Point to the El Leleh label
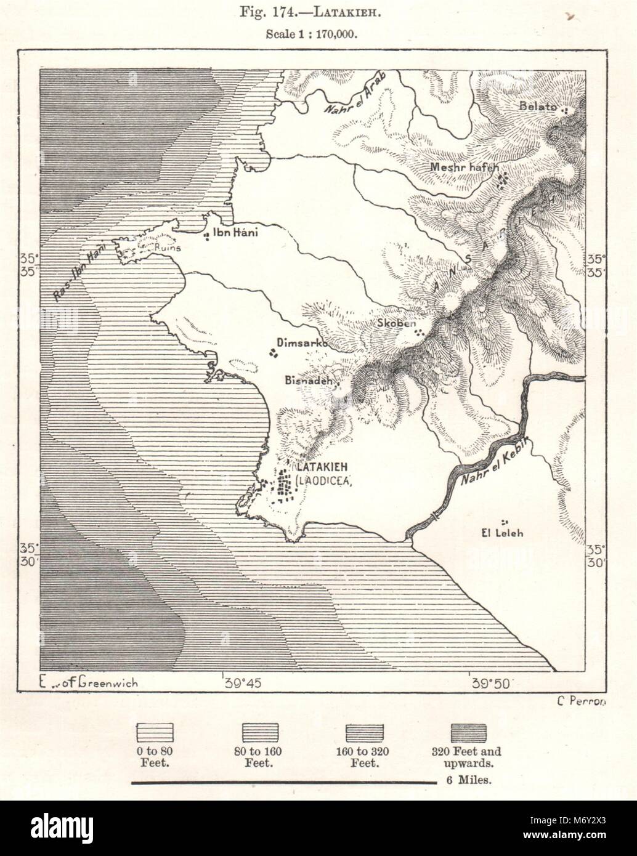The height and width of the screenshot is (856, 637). pos(503,533)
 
